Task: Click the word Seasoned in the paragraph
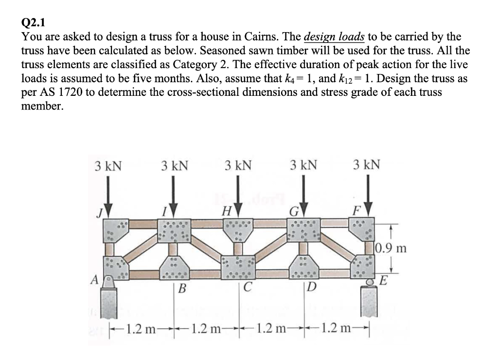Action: click(x=228, y=51)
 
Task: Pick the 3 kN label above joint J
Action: click(x=108, y=166)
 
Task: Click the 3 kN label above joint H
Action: click(x=238, y=166)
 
